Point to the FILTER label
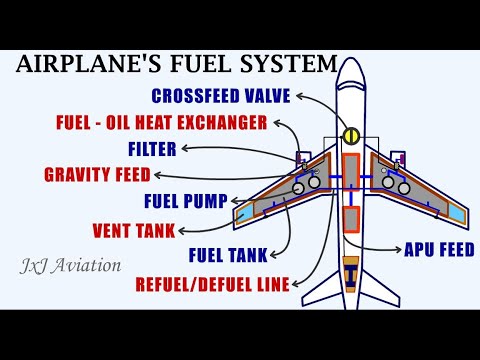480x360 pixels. tap(153, 149)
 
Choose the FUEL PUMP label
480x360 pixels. tap(186, 200)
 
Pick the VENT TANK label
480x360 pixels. tap(148, 228)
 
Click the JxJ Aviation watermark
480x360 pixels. tap(70, 266)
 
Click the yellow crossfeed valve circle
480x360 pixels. tap(350, 135)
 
